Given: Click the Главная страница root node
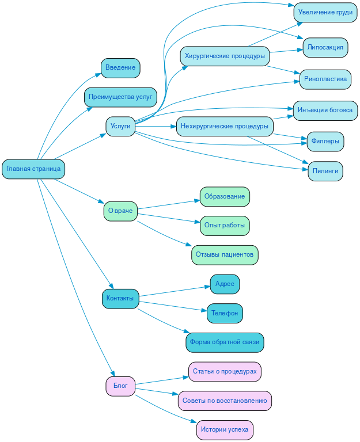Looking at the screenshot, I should coord(33,169).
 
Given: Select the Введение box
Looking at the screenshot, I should coord(120,68).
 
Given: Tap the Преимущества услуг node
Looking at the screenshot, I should coord(120,97).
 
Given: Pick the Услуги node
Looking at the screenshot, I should coord(120,126).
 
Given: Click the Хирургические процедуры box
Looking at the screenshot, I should coord(225,56).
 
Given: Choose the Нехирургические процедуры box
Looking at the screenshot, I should coord(225,126).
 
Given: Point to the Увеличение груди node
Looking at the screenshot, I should coord(325,13).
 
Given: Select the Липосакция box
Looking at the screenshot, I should coord(325,47).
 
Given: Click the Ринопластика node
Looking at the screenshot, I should coord(325,79).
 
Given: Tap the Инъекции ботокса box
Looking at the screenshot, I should coord(325,110).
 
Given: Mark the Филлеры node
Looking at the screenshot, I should coord(325,141).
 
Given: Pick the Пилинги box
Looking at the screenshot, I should coord(325,171).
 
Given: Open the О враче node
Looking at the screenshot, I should coord(120,211).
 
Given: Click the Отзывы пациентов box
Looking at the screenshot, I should coord(225,254).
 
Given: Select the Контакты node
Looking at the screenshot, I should coord(120,299).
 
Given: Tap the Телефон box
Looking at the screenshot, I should coord(225,313).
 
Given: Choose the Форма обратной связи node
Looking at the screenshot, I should coord(225,342).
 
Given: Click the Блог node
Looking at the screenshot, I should coord(120,386).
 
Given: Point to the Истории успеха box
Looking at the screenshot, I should coord(225,430).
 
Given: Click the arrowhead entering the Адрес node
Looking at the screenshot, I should coord(207,285).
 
